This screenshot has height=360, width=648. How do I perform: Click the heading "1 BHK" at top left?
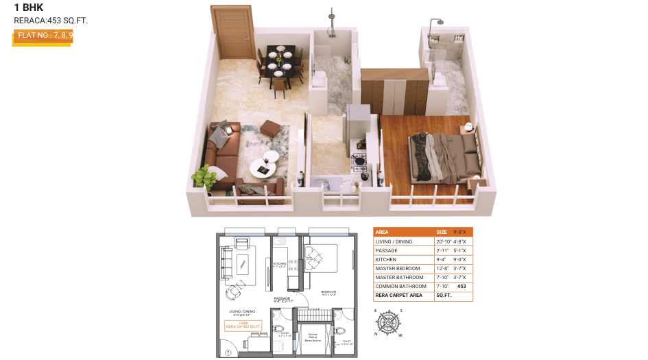coord(28,8)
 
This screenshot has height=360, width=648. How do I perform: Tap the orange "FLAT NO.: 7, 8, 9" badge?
coord(43,36)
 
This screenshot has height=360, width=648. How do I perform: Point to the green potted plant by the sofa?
coord(204,177)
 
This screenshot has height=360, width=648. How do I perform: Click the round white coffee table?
coord(263,166)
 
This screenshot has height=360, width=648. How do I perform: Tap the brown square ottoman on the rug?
coord(270,128)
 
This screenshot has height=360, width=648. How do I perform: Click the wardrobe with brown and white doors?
coord(394,92)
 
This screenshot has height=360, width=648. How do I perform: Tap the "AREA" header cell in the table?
coord(382,232)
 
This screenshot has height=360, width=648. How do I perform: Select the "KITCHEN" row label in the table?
coord(385,259)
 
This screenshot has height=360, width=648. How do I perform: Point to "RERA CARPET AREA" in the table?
coord(398,295)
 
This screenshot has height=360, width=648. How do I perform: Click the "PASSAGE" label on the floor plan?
coord(282,299)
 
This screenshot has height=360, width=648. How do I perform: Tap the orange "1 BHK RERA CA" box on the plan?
coord(243,325)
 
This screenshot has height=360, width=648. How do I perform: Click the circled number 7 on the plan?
coord(228,352)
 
